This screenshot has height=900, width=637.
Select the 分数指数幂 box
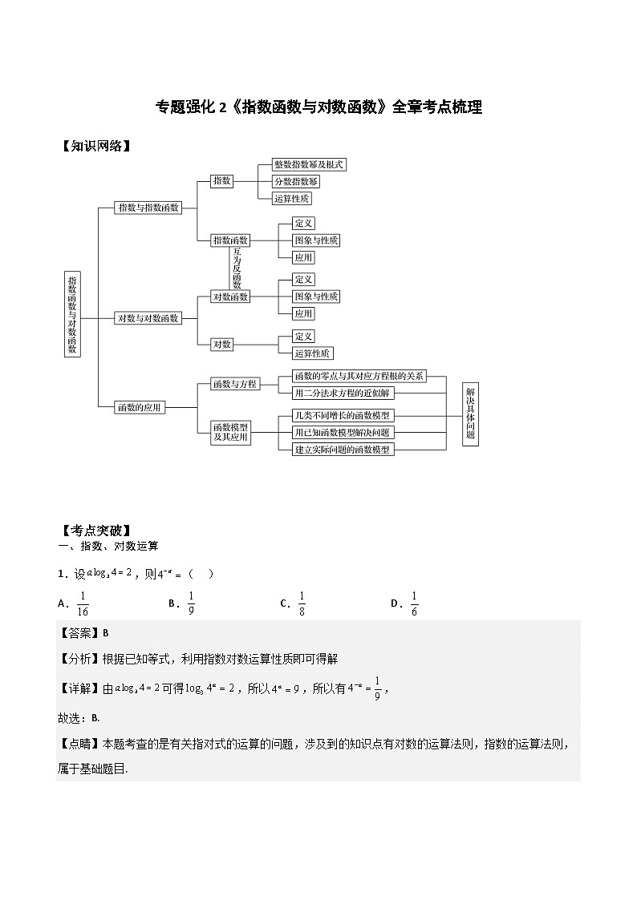[296, 181]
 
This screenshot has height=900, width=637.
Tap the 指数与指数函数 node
[148, 208]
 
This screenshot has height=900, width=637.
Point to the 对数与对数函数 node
[148, 318]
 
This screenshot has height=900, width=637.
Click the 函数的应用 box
[140, 407]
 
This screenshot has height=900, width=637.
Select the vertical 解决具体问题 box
[470, 414]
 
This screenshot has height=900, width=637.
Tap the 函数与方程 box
[234, 384]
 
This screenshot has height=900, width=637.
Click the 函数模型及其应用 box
[231, 433]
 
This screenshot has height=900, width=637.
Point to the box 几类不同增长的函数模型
[342, 415]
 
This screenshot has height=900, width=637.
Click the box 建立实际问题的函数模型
[343, 450]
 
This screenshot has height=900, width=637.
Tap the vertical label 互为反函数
[237, 268]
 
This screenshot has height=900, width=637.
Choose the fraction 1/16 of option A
[83, 603]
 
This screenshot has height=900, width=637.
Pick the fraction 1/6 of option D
[414, 603]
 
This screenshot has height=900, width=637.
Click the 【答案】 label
[79, 632]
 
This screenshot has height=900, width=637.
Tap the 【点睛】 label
[79, 743]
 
